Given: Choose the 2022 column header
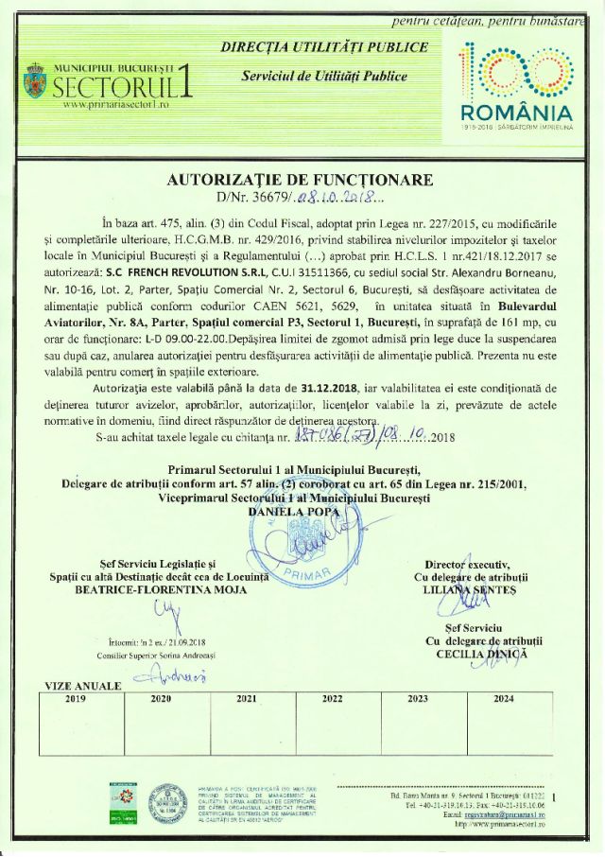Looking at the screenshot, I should pos(333,699).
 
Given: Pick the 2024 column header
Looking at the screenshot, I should pos(504,699).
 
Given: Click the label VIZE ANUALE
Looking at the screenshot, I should pos(83,685).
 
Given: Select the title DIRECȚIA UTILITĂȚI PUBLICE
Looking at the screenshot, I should pos(325,45).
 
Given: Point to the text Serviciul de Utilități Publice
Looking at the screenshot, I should pos(325,76).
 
